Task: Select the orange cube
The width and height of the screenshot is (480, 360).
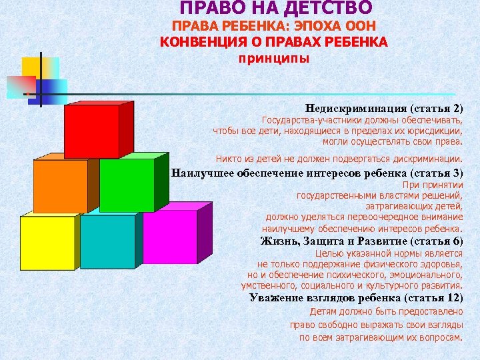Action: (x=60, y=186)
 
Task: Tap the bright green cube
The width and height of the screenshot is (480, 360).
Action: (x=127, y=186)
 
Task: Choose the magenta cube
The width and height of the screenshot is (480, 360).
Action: (x=170, y=237)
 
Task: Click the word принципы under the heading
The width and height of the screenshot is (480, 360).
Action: (x=274, y=58)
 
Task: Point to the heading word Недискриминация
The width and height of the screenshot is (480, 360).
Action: (x=356, y=107)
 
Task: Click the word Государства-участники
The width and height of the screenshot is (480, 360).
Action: (x=305, y=121)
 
